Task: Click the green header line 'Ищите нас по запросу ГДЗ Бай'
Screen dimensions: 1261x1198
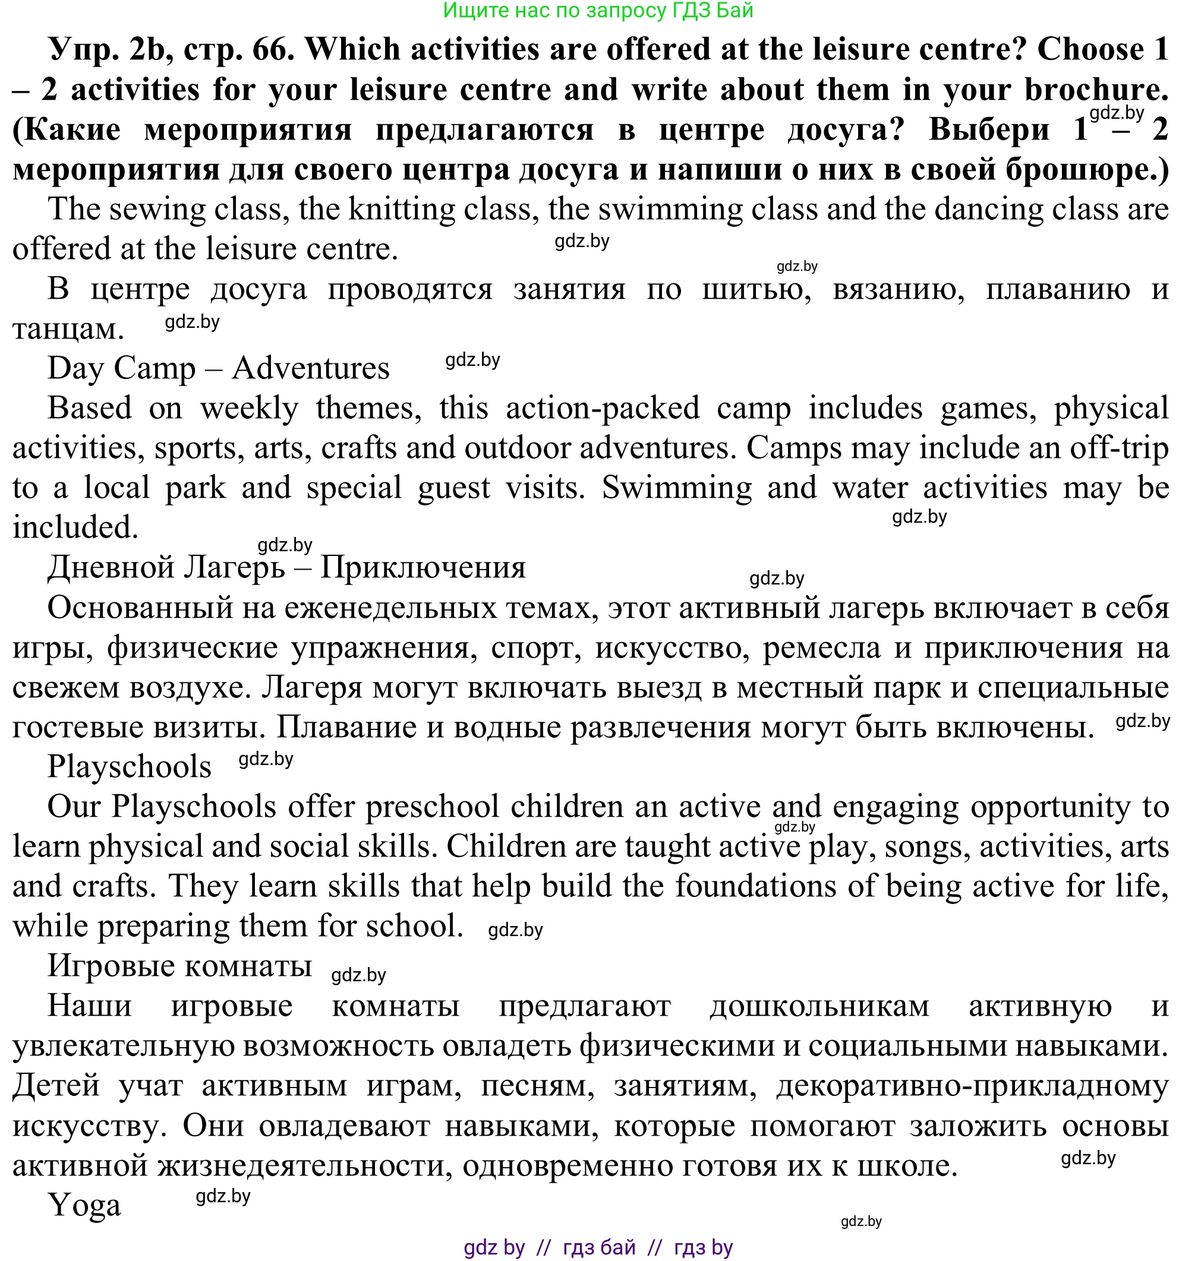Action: pos(598,11)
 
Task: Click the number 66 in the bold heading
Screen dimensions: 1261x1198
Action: pos(270,50)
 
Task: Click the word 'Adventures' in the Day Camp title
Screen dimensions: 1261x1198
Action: pos(310,369)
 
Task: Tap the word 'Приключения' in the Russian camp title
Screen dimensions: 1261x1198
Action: pos(423,567)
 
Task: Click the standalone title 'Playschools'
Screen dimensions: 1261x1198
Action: pos(129,766)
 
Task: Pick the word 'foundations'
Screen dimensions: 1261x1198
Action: pos(755,886)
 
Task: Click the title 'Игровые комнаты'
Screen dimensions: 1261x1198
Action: pos(179,966)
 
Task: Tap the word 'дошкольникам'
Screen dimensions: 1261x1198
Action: pos(819,1006)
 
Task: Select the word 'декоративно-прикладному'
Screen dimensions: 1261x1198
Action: pos(972,1086)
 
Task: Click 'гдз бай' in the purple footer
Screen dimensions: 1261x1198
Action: pos(599,1247)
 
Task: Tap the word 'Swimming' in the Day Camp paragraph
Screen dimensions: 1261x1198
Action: pos(676,488)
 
